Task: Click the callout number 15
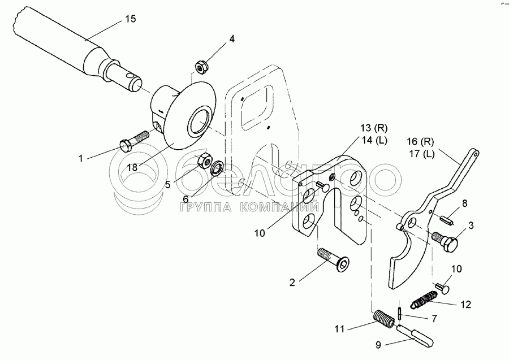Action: point(131,19)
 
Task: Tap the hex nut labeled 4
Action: point(200,67)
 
